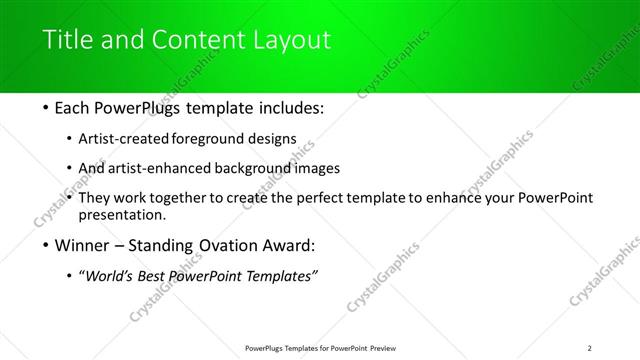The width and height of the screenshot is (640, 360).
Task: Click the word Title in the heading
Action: [64, 41]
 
